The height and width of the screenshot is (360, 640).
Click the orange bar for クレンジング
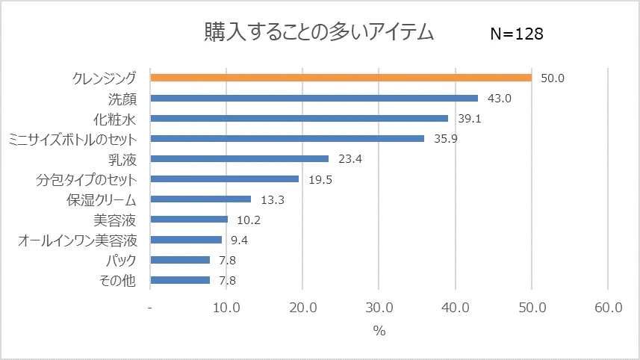click(341, 78)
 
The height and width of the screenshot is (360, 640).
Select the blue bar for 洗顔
click(314, 98)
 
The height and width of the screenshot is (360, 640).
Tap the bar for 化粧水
click(299, 118)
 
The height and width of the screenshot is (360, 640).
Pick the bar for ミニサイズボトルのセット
click(288, 138)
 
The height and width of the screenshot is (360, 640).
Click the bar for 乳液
click(240, 158)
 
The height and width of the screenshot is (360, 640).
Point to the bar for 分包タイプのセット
click(225, 179)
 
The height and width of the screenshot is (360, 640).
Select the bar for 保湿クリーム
click(201, 199)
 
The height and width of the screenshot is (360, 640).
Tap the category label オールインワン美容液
click(77, 240)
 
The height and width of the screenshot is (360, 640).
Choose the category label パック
click(121, 260)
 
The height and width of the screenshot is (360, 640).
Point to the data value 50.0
click(553, 78)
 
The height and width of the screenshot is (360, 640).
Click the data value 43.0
click(499, 98)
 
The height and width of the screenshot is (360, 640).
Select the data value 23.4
click(349, 158)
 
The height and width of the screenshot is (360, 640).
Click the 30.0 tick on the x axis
click(379, 308)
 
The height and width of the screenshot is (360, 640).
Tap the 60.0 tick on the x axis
click(608, 308)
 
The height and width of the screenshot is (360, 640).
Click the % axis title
click(379, 331)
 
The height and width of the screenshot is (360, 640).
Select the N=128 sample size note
click(516, 34)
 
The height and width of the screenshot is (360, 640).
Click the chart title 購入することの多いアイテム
click(320, 32)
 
